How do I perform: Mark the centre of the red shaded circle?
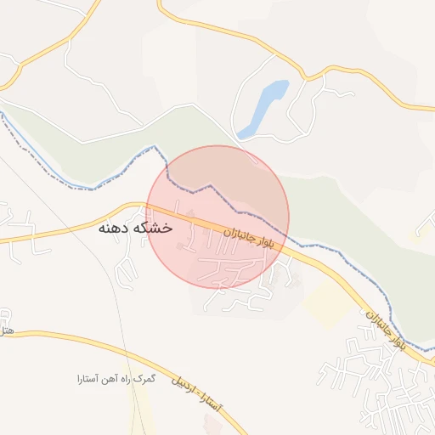click(218, 217)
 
